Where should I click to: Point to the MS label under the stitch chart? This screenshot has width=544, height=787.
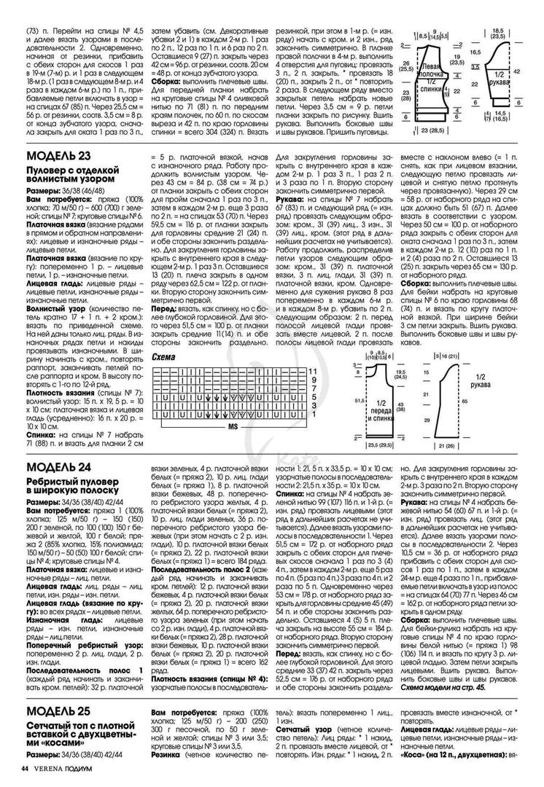[233, 423]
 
